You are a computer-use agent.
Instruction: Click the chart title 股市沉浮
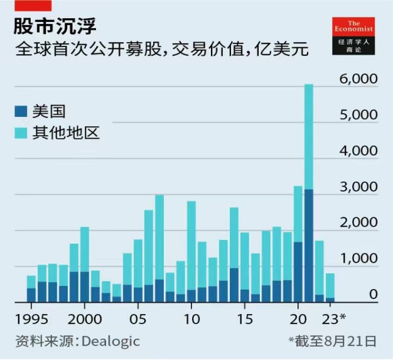tap(56, 26)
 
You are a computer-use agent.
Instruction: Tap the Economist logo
tap(353, 35)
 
